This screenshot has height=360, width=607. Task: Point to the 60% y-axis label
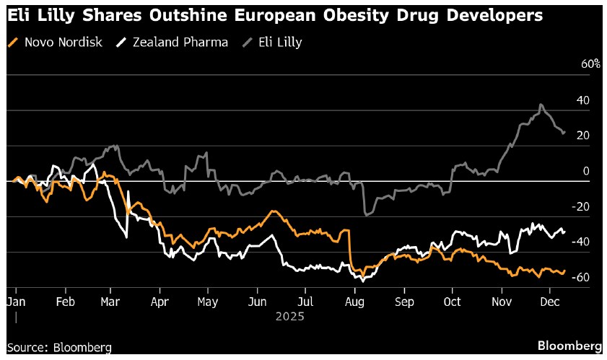[591, 64]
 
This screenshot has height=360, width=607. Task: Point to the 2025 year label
[289, 316]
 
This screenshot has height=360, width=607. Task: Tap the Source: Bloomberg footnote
[59, 348]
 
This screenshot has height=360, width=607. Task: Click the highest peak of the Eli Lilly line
[541, 105]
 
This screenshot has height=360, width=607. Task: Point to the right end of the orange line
[564, 271]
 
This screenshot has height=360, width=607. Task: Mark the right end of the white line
[564, 232]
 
